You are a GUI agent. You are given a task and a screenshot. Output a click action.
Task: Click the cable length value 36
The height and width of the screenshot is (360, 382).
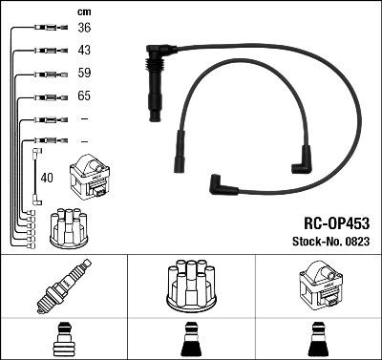coord(84,28)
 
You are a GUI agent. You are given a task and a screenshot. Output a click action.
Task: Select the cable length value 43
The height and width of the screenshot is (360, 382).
coord(84,50)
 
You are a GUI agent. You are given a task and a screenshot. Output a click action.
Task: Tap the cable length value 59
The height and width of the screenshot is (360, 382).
coord(84,73)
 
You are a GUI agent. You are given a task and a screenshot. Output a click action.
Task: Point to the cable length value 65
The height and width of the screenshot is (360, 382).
coord(84,96)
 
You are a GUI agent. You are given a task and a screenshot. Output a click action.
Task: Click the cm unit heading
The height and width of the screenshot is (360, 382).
coord(83,11)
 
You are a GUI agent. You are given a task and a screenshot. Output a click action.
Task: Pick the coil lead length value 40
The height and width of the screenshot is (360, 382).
coord(47,177)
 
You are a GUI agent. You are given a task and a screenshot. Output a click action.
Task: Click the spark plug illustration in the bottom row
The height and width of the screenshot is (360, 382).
coord(63,288)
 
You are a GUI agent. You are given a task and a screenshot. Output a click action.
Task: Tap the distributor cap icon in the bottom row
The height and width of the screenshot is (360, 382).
coord(190,286)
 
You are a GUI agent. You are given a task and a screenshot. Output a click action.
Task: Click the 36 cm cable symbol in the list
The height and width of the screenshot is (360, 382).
coord(44,28)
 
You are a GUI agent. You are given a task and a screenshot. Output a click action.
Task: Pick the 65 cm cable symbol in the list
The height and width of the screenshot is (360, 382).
coord(44,96)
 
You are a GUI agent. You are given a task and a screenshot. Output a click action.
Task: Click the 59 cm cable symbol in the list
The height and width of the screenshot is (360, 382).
coord(44,73)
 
